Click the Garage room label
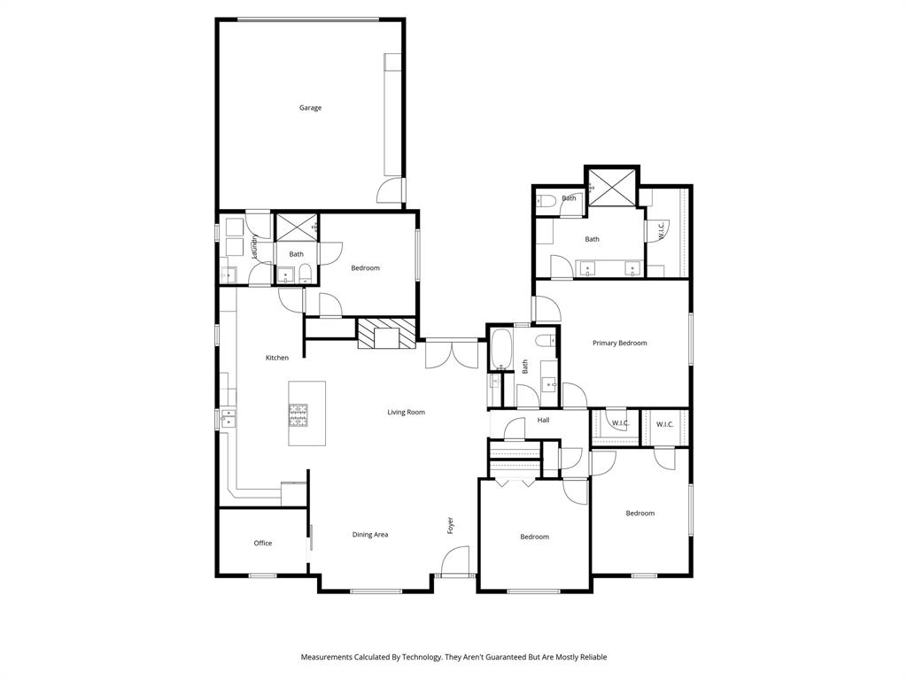(310, 108)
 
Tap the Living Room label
(406, 413)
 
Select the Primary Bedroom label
(619, 344)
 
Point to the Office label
(263, 544)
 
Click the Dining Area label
(370, 535)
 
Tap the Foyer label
(450, 525)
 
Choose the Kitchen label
(277, 358)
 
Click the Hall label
(543, 421)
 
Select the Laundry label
(253, 248)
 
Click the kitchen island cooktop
(298, 413)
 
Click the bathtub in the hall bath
(500, 349)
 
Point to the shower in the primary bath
(612, 186)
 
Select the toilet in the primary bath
(545, 200)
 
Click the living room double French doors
(451, 354)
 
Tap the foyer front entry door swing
(456, 560)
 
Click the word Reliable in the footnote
(591, 657)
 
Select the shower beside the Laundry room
(296, 227)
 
